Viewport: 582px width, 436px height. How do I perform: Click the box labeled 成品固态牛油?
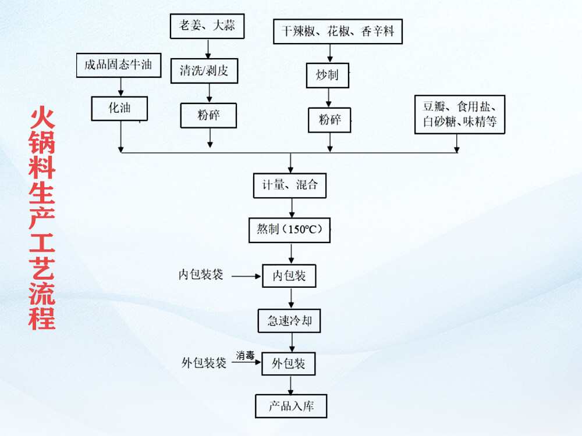(118, 65)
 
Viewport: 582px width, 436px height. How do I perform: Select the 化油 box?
(119, 108)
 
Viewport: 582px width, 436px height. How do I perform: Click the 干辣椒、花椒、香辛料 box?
(338, 31)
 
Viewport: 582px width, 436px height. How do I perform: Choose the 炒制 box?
(328, 76)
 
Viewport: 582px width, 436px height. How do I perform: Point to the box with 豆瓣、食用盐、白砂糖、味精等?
(459, 115)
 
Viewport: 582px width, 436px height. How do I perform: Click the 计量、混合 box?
(290, 185)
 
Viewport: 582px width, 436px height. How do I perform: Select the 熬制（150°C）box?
(289, 230)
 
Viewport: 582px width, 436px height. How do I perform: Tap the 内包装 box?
(289, 276)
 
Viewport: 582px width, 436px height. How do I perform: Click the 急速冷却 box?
(289, 320)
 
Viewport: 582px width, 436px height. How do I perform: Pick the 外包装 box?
(289, 364)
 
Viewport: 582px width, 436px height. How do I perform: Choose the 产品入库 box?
(291, 406)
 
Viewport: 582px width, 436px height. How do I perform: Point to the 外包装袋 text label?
(204, 363)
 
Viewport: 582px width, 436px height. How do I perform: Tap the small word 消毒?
(245, 355)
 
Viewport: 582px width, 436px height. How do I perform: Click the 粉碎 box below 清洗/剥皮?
(209, 115)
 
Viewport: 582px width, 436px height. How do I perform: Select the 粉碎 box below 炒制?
(330, 120)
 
